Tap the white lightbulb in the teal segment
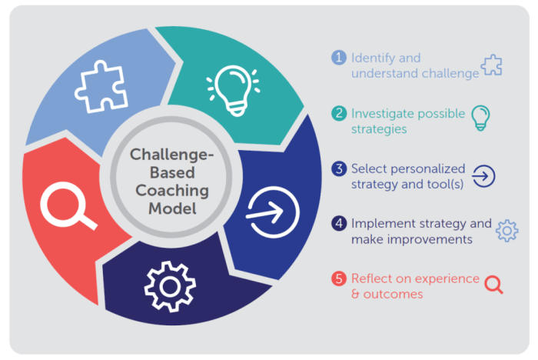click(x=234, y=90)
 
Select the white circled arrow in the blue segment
click(x=273, y=212)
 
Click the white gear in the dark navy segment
click(x=170, y=286)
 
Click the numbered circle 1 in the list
click(x=339, y=58)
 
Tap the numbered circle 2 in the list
click(x=339, y=113)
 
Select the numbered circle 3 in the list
click(x=339, y=168)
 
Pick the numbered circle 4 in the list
click(x=339, y=223)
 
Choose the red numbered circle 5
click(x=339, y=278)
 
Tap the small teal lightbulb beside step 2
click(x=480, y=118)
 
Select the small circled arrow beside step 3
click(x=483, y=176)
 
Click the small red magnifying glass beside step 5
click(x=493, y=283)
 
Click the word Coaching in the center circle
click(x=172, y=191)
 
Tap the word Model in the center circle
click(x=172, y=208)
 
